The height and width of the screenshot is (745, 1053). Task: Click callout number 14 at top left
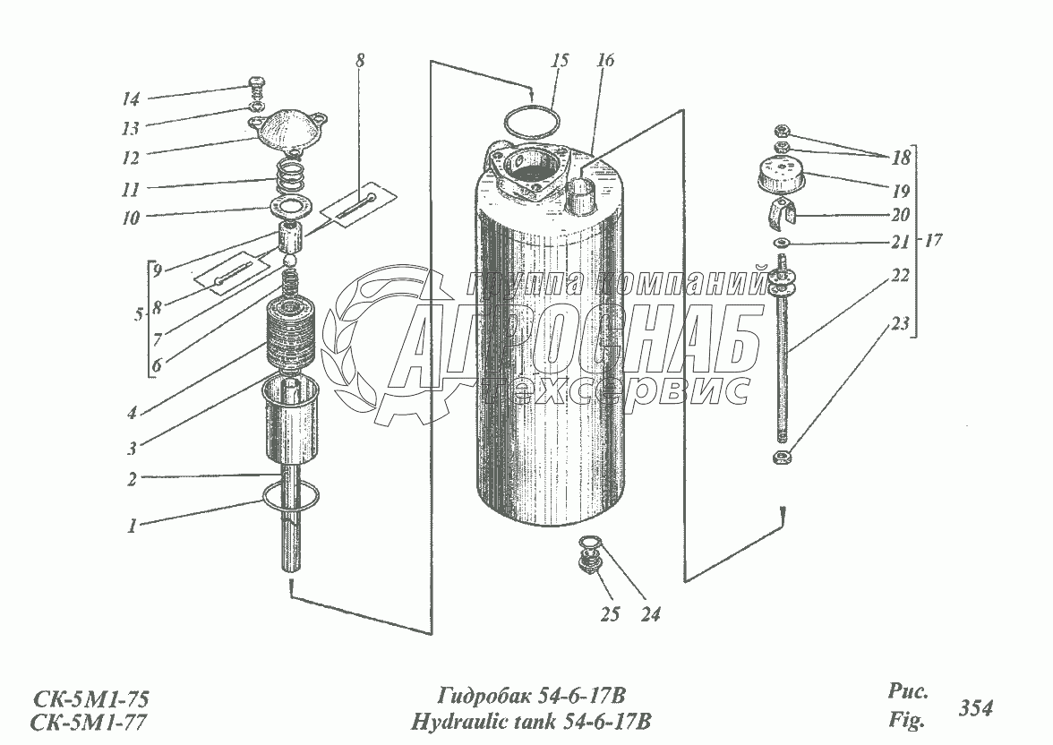pos(132,98)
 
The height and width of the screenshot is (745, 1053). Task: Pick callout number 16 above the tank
pos(605,62)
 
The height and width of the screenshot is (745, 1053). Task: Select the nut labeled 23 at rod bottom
pos(781,458)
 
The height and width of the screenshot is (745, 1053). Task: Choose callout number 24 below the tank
pos(652,615)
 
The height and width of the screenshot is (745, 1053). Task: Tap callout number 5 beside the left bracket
pos(136,315)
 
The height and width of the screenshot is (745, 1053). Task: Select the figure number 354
pos(975,708)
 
